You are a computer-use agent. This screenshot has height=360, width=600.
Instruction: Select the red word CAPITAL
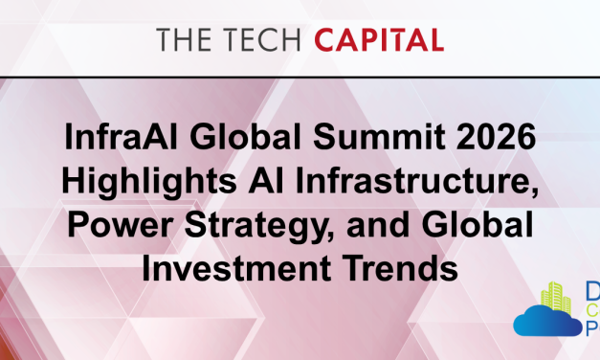pos(379,39)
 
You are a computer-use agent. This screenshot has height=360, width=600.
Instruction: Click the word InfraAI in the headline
pos(121,136)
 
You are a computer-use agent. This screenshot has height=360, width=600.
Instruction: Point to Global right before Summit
pos(245,136)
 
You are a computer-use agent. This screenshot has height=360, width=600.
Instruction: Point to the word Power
pos(121,225)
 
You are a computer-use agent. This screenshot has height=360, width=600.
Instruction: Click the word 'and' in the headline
pos(378,224)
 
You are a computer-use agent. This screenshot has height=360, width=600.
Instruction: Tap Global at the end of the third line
pos(478,224)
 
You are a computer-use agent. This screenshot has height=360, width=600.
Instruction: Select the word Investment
pos(236,268)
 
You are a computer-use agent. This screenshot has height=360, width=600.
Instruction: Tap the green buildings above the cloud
pos(556,297)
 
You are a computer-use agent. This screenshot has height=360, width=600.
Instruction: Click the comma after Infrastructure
pos(535,191)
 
